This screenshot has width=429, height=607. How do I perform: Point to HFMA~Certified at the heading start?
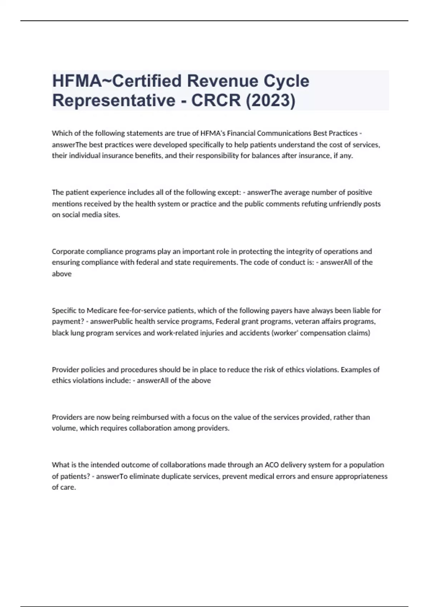117,81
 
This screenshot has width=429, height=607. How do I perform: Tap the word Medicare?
102,311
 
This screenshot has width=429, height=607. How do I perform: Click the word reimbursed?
150,417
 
